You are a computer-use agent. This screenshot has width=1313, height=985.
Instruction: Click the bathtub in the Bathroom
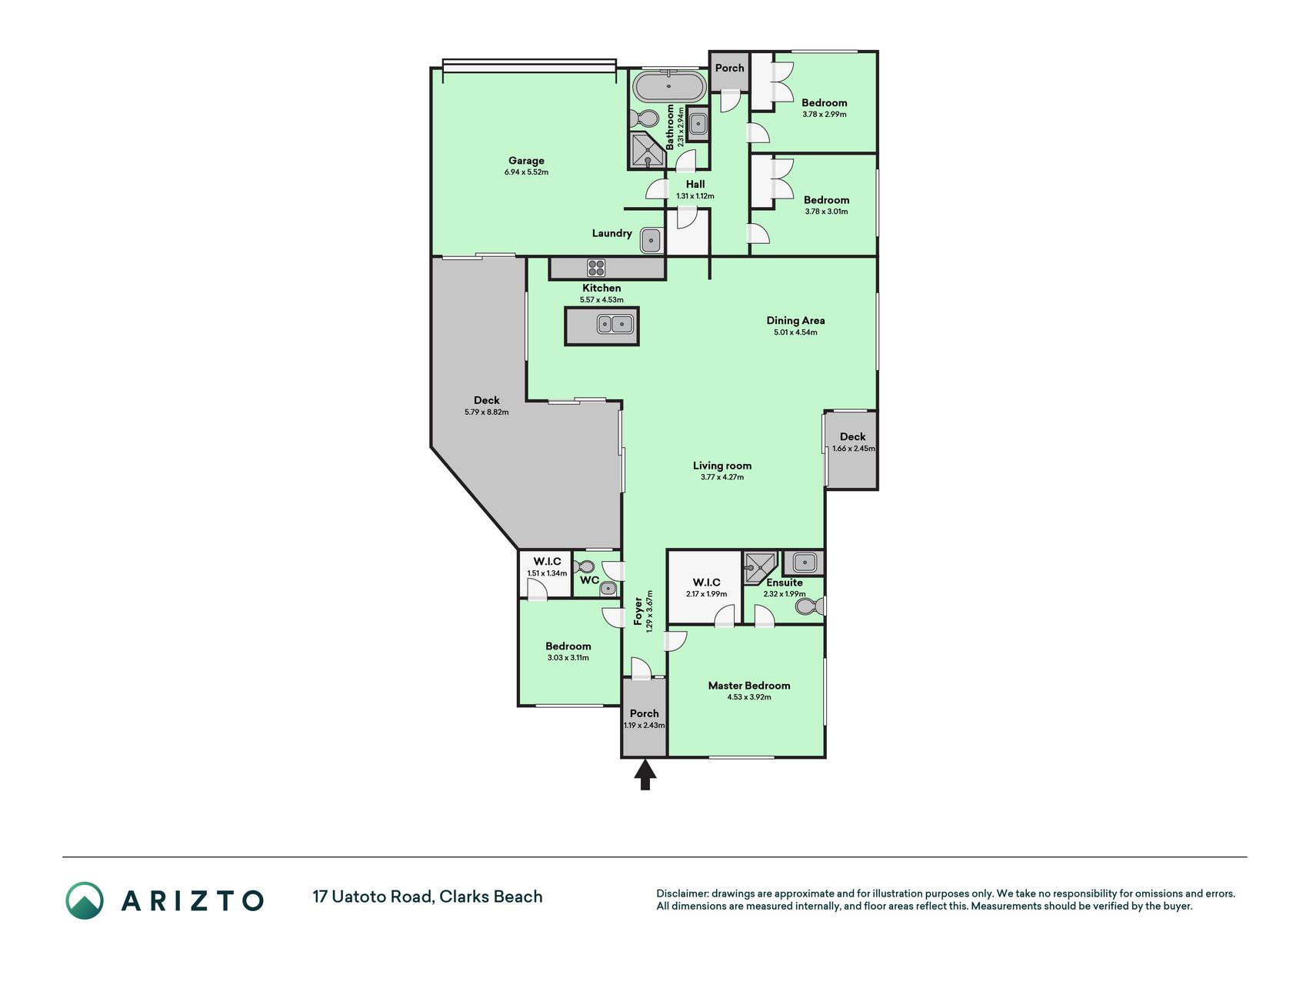click(670, 86)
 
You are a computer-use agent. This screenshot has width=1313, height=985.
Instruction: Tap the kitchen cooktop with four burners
click(596, 268)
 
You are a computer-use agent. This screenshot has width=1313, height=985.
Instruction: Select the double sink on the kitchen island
click(615, 324)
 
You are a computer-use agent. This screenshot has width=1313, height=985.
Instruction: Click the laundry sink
click(652, 241)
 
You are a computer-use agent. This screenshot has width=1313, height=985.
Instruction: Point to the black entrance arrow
click(645, 774)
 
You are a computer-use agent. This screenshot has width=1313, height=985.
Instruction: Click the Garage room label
click(526, 161)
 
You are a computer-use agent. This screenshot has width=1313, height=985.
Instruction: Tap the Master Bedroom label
click(749, 686)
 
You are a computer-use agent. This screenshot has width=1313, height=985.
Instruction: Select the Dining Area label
click(795, 320)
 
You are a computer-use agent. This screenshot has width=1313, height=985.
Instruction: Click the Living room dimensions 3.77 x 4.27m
click(722, 477)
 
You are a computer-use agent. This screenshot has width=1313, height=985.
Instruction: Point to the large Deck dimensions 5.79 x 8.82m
click(486, 412)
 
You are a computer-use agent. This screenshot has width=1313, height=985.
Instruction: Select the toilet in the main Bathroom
click(644, 120)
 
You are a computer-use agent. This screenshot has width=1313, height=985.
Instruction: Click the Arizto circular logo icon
click(85, 900)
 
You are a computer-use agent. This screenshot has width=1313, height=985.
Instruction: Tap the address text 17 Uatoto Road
click(372, 897)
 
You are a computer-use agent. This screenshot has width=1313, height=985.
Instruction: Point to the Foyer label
click(638, 611)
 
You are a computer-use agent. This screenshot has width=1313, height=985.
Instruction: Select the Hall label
click(695, 184)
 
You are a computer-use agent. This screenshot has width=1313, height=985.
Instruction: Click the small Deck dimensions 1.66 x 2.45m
click(853, 449)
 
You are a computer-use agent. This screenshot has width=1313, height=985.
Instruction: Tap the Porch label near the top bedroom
click(729, 68)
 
